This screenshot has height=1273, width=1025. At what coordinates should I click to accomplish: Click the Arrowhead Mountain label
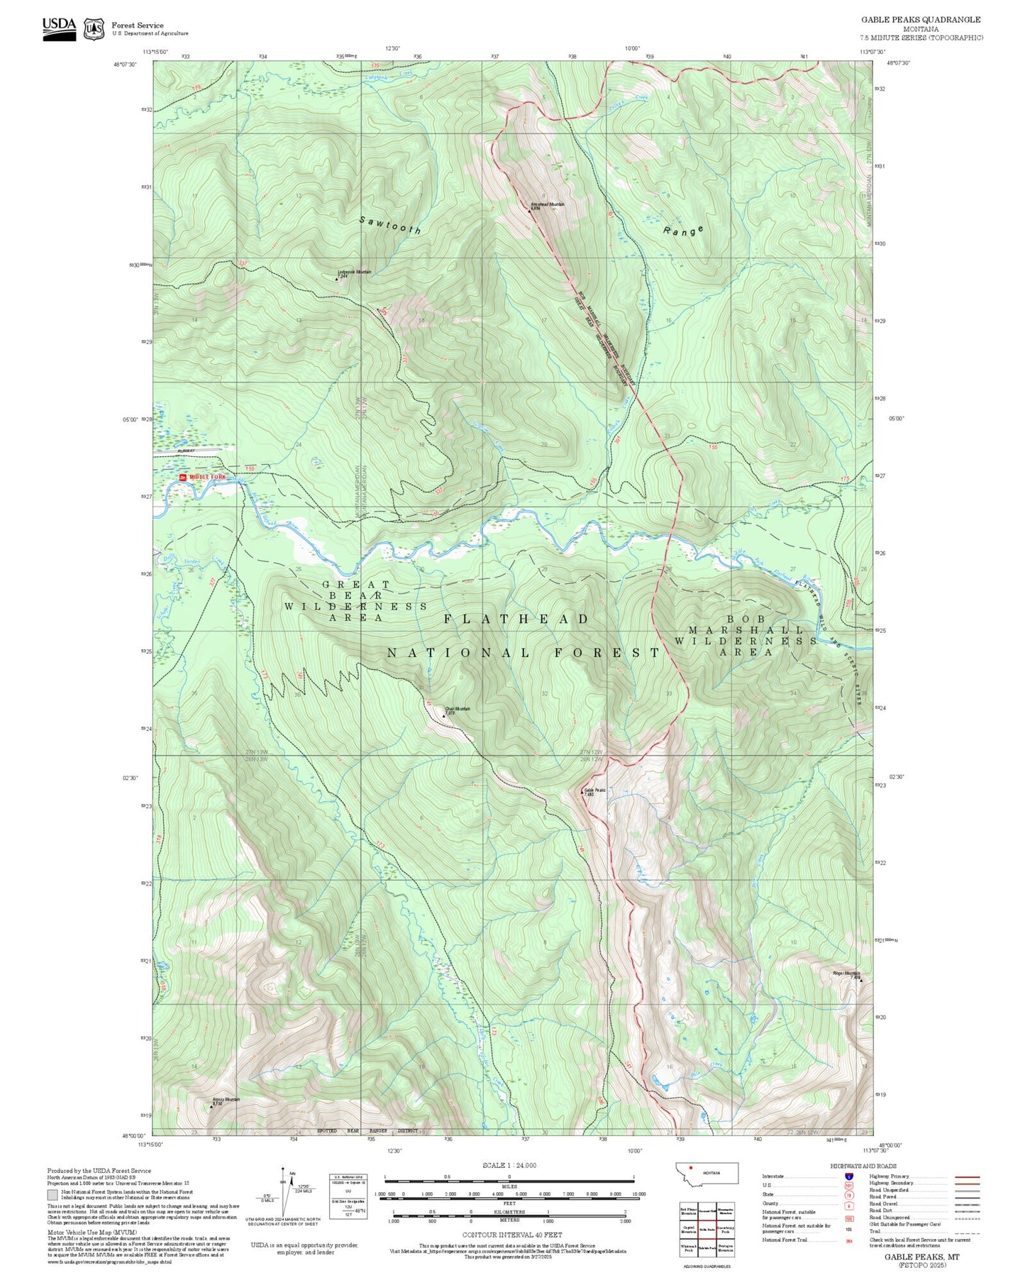[547, 204]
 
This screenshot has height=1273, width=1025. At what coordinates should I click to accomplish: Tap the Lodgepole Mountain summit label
[353, 272]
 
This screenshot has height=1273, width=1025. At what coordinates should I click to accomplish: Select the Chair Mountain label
[457, 709]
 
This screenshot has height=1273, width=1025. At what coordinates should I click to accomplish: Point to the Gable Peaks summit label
[594, 790]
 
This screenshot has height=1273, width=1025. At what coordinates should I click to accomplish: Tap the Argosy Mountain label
[226, 1100]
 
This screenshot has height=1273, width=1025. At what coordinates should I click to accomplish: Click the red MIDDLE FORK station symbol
[182, 478]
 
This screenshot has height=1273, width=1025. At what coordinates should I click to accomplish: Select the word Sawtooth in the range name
[390, 226]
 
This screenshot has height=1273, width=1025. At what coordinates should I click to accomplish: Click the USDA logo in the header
[59, 28]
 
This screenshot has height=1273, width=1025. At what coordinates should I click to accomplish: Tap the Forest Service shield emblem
[94, 28]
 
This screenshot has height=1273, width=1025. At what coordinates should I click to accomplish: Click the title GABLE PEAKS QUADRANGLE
[921, 20]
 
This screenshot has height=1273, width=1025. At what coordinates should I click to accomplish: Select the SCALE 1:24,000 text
[509, 1165]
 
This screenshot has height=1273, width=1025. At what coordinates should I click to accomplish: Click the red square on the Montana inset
[690, 1167]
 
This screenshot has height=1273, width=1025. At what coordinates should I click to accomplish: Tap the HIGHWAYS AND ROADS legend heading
[863, 1166]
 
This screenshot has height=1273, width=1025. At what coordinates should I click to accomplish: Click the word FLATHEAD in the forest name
[516, 619]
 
